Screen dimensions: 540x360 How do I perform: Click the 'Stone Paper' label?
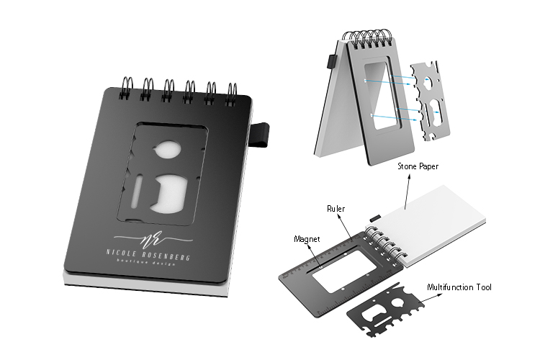(418, 166)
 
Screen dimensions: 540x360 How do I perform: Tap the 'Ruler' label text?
(336, 208)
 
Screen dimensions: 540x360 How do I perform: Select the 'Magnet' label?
(307, 239)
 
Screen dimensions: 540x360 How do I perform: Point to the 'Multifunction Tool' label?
(459, 287)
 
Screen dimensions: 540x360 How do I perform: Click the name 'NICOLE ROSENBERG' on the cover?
(148, 255)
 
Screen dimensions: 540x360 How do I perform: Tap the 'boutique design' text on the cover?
(146, 262)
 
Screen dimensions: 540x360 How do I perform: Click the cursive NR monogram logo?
(153, 238)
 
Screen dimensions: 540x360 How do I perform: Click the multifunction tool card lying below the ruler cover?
(384, 310)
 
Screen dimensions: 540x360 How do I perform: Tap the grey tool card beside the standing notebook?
(430, 102)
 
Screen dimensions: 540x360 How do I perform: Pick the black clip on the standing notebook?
(332, 62)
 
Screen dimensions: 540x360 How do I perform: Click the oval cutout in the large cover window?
(168, 150)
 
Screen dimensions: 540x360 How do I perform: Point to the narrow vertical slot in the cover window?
(137, 192)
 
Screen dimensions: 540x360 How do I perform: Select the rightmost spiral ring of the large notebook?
(231, 94)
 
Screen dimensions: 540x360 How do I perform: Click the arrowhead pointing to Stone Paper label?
(409, 176)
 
